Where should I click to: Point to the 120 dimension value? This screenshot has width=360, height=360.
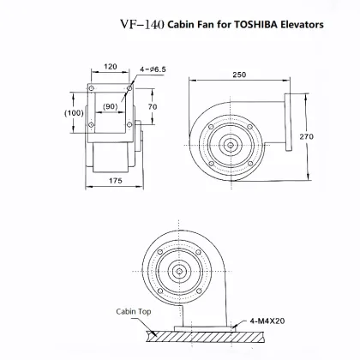click(111, 66)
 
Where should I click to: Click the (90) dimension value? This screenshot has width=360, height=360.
click(110, 106)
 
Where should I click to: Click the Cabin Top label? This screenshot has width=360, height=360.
click(133, 313)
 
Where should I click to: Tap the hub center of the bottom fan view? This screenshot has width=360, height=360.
click(180, 272)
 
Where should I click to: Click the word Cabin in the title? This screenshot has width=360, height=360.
click(182, 25)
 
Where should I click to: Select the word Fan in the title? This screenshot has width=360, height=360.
click(209, 25)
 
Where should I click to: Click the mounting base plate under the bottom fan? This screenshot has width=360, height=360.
click(206, 328)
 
